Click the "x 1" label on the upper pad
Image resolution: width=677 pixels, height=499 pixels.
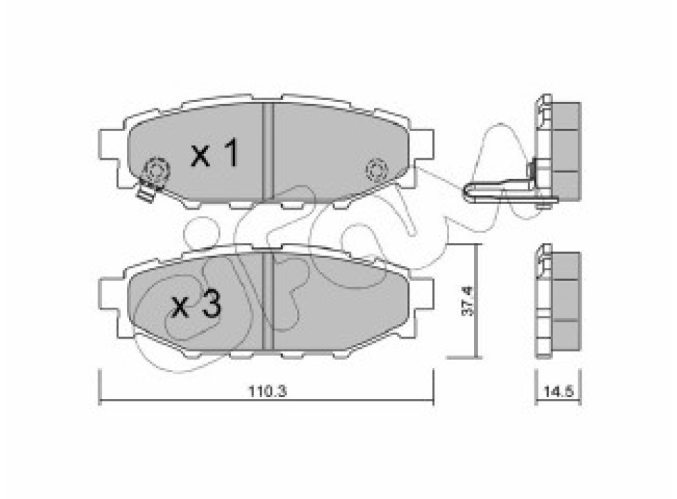coord(215,153)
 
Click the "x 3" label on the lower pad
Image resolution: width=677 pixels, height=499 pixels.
coord(197,304)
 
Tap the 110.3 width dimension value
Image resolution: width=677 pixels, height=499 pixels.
coord(267,391)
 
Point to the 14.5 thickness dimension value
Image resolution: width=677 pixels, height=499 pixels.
coord(558,392)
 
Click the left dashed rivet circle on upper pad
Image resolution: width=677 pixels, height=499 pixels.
coord(156,170)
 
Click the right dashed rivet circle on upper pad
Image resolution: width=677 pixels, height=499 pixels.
coord(376,170)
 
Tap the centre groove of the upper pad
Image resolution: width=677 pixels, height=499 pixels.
coord(268,152)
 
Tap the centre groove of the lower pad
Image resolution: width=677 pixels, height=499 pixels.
coord(268,301)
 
